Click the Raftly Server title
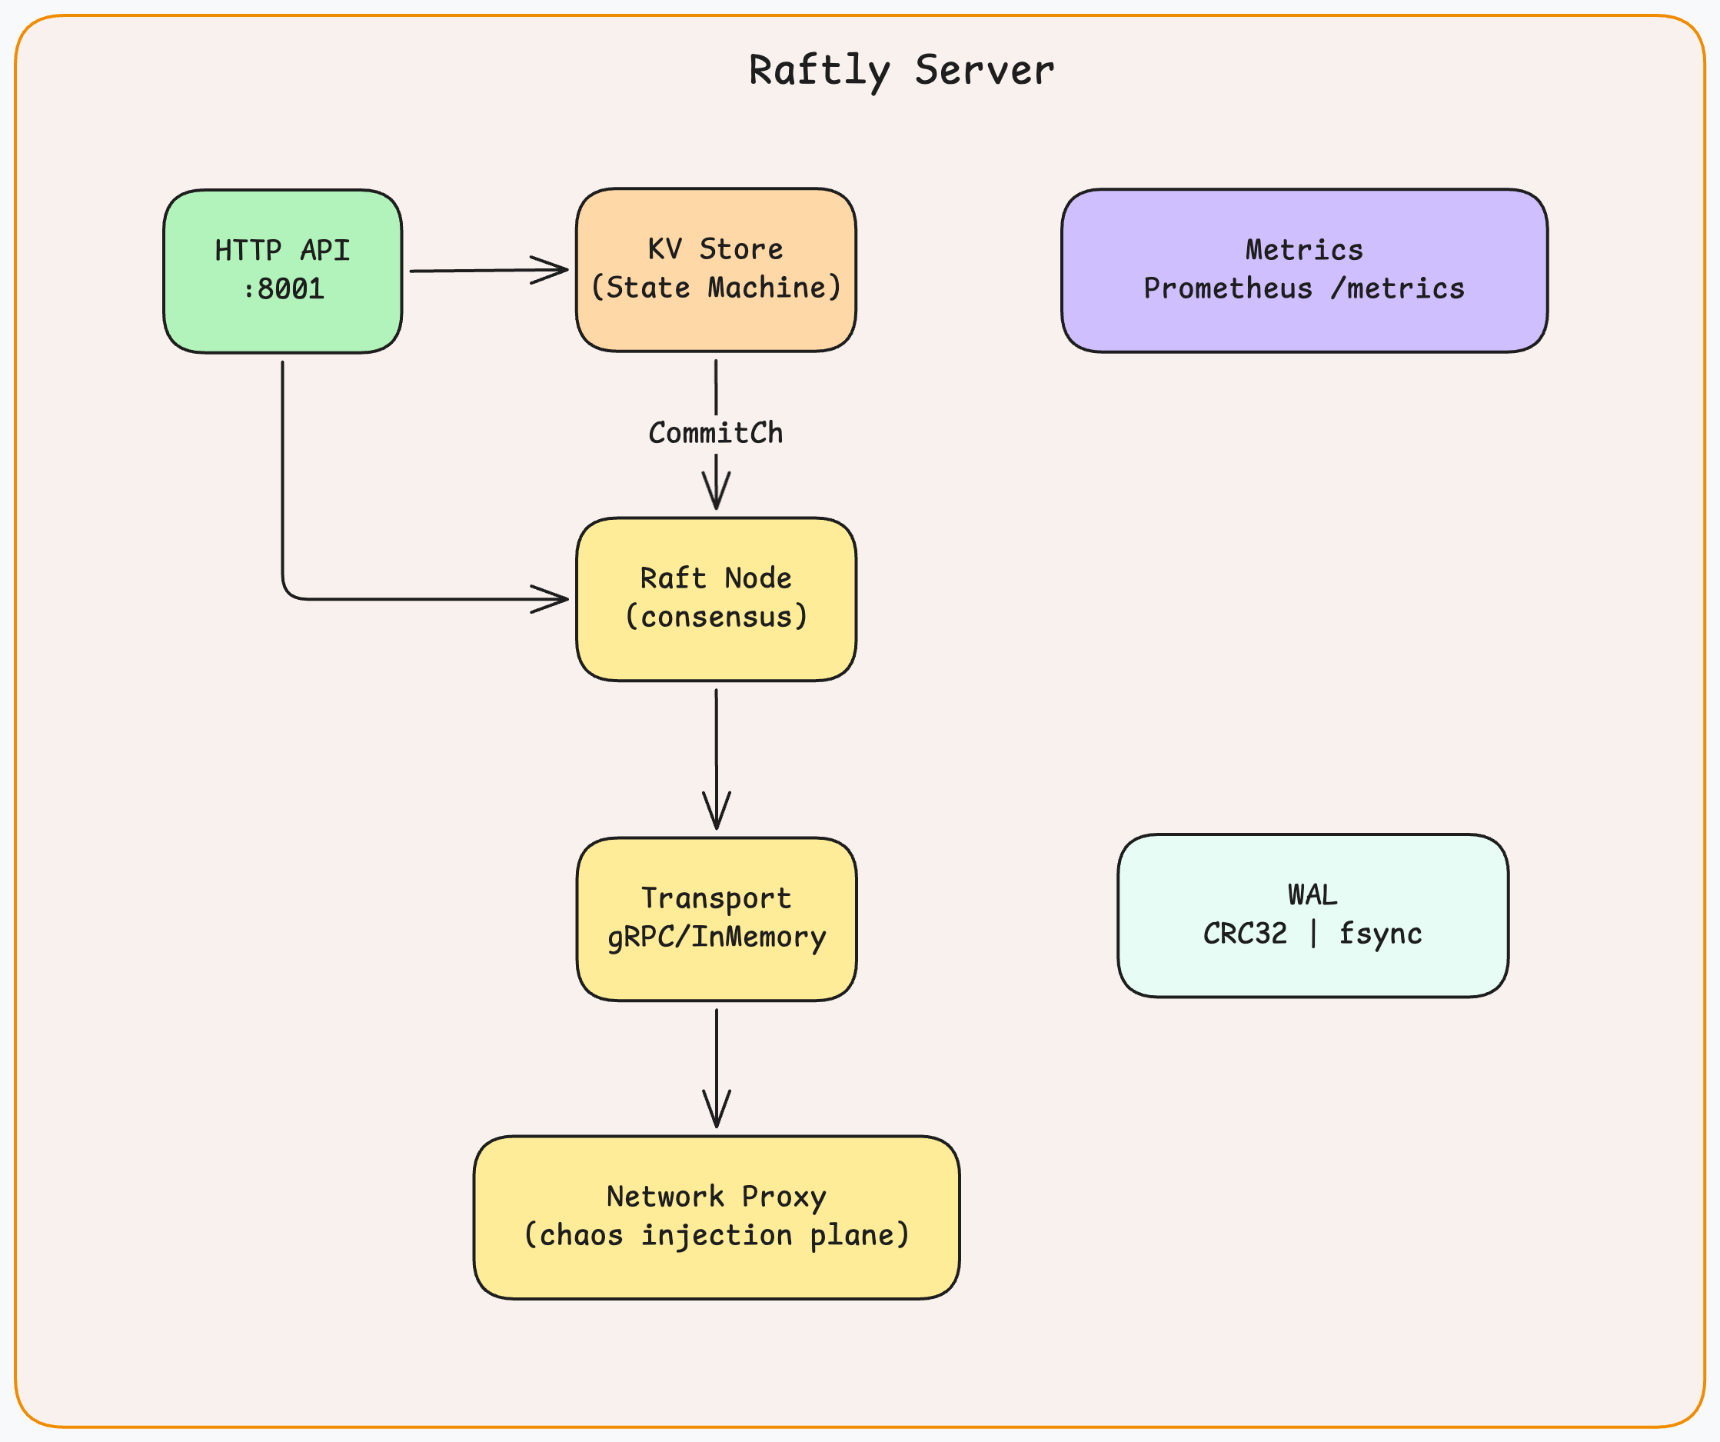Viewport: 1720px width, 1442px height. click(x=901, y=71)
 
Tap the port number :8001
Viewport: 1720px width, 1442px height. click(x=284, y=289)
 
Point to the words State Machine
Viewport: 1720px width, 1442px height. click(x=715, y=288)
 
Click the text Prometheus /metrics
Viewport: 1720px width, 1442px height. click(x=1304, y=288)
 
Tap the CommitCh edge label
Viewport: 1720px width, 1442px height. click(x=715, y=432)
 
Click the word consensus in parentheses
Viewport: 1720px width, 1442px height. click(x=715, y=616)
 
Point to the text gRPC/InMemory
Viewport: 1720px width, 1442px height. click(x=715, y=937)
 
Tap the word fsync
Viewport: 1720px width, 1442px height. click(x=1380, y=933)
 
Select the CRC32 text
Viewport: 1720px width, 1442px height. click(x=1244, y=933)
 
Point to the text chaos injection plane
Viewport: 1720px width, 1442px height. click(x=715, y=1234)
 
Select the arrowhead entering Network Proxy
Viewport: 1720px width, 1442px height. click(x=716, y=1113)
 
